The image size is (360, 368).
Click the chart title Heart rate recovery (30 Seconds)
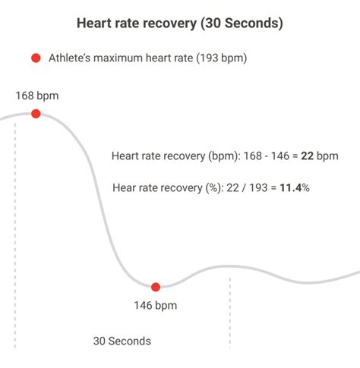[180, 24]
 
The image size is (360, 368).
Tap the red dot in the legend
[34, 58]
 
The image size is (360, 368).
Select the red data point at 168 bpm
[36, 114]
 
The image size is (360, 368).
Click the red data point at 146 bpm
[156, 287]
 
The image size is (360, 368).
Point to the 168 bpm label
[36, 96]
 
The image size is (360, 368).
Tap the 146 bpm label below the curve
[156, 307]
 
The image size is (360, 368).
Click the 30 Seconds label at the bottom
[122, 341]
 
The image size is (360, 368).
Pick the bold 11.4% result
[294, 187]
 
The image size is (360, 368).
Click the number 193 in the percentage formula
[258, 187]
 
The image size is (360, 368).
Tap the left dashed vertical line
[14, 228]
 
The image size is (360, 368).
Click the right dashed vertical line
[230, 311]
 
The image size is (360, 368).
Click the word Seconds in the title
[251, 24]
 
